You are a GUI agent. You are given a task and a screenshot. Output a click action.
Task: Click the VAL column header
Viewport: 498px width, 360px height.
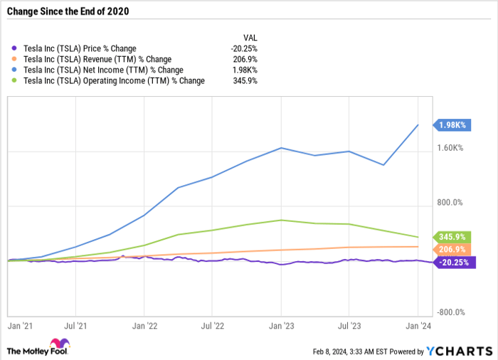250,37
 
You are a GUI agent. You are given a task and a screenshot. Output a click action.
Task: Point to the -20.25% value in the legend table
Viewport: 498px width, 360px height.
244,48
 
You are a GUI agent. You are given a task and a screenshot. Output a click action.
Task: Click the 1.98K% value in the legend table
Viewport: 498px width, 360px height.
245,70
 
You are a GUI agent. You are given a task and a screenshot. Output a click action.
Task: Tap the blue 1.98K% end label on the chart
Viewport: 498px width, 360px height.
452,125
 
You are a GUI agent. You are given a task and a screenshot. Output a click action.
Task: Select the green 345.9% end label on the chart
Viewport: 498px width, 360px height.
452,237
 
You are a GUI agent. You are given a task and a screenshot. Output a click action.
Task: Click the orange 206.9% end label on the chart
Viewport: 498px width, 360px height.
452,250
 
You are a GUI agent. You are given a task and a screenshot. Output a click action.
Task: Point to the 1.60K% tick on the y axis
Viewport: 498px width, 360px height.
450,149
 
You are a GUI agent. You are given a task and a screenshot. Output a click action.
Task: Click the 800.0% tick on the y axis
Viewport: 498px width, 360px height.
450,203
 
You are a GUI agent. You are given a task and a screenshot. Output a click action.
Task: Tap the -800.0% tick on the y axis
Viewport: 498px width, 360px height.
450,312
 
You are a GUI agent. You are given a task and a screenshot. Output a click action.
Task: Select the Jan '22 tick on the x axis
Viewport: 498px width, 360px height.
144,326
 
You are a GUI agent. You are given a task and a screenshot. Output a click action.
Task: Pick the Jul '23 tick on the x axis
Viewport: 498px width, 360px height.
348,326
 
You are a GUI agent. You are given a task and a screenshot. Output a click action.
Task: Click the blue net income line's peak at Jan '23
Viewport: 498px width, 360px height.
281,148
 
